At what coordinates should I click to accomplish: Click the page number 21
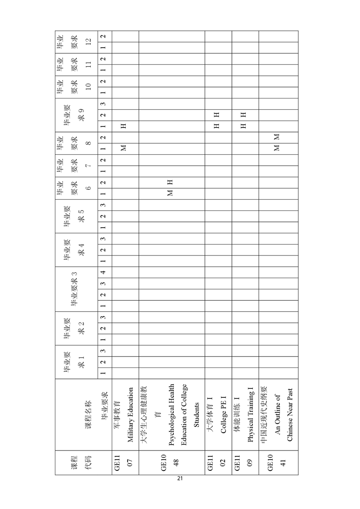(x=180, y=478)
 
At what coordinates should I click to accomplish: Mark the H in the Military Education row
(x=123, y=127)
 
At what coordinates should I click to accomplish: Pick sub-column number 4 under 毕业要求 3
(x=104, y=272)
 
